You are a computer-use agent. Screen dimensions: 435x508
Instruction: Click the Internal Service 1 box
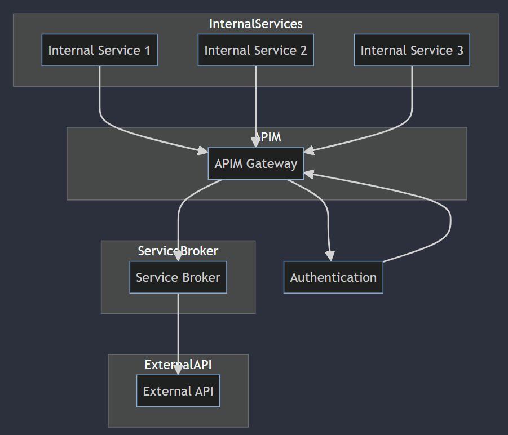[x=99, y=50]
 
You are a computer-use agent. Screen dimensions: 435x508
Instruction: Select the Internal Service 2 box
[x=255, y=50]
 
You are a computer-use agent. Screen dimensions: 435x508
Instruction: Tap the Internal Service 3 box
[x=412, y=50]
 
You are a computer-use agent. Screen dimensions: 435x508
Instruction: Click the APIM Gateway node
[x=255, y=163]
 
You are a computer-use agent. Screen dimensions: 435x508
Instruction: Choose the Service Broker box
[x=178, y=277]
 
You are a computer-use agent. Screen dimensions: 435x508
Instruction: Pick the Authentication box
[x=333, y=277]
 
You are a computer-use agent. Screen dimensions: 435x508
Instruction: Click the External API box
[x=178, y=391]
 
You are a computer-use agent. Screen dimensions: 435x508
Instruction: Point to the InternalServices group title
[x=255, y=24]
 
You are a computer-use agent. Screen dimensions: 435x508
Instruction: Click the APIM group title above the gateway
[x=267, y=137]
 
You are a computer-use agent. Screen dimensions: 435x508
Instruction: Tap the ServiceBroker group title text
[x=178, y=251]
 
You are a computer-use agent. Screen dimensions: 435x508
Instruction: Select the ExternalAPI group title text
[x=178, y=365]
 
